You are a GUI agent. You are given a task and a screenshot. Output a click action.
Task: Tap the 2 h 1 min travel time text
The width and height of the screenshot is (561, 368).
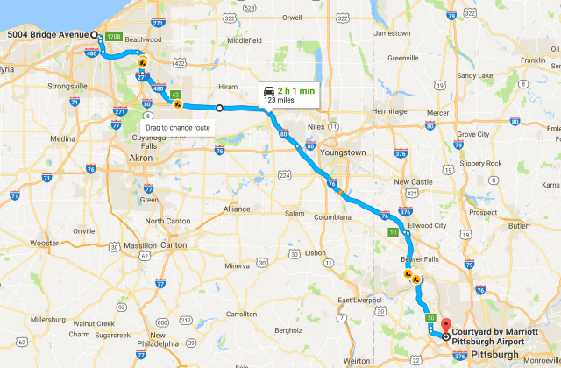(296, 90)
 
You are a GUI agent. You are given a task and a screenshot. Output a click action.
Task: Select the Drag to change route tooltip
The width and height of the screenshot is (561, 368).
(178, 128)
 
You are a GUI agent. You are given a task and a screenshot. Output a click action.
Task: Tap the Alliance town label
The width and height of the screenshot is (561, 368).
(237, 209)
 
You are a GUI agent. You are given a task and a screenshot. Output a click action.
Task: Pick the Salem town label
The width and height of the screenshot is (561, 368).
(294, 213)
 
